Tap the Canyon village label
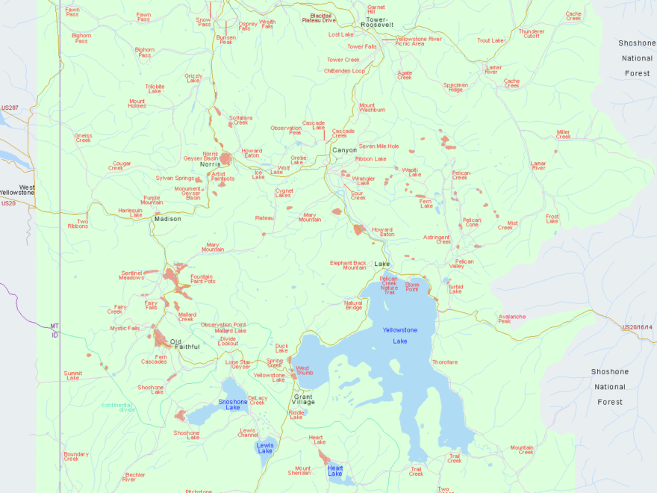click(x=345, y=150)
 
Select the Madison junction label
click(x=168, y=219)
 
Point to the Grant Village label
click(x=303, y=399)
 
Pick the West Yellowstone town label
click(x=17, y=190)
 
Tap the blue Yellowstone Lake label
click(x=400, y=335)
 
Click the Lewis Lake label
click(x=266, y=447)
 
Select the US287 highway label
click(x=10, y=108)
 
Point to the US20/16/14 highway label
click(x=637, y=327)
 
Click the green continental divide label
click(x=119, y=407)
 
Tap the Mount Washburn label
click(x=372, y=108)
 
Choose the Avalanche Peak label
click(x=512, y=318)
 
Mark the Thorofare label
click(x=444, y=362)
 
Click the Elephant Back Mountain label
click(x=349, y=264)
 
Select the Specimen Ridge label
click(x=455, y=87)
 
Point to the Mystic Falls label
click(x=125, y=328)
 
